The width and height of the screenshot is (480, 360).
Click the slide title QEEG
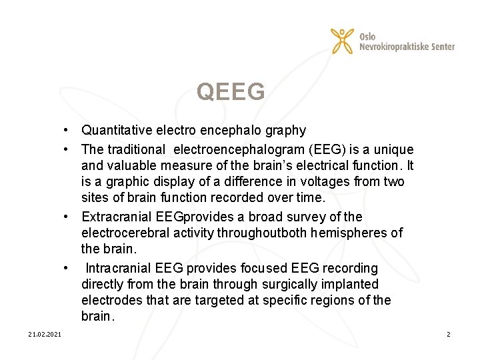tap(231, 93)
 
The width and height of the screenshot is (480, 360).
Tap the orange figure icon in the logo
tap(343, 41)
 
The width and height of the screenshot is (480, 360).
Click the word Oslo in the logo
tap(367, 36)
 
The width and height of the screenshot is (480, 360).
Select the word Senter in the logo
tap(441, 47)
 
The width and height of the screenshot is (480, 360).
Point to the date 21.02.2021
tap(45, 333)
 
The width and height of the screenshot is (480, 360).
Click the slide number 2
tap(449, 333)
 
